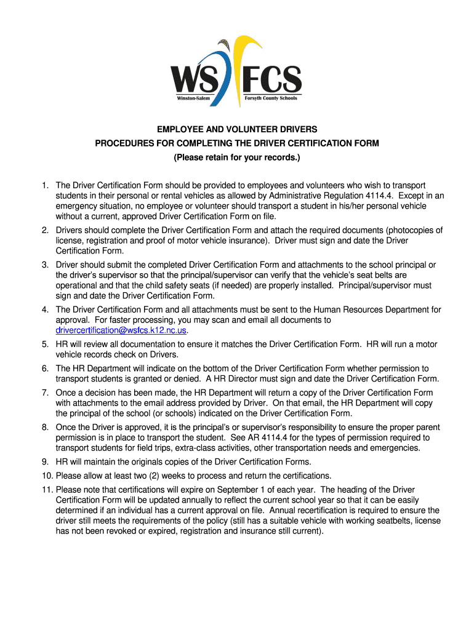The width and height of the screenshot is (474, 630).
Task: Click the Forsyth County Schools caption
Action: tap(271, 98)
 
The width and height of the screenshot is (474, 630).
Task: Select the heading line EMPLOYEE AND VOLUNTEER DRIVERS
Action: tap(237, 130)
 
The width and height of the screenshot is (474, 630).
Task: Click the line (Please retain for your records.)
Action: tap(237, 158)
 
